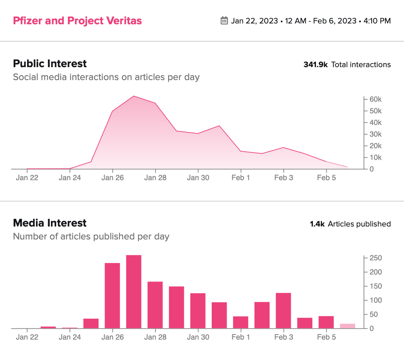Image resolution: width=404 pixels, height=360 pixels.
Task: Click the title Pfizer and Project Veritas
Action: (x=77, y=21)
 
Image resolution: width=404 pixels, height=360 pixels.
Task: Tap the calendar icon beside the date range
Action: (x=224, y=21)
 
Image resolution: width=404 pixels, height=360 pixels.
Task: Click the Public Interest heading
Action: (x=50, y=64)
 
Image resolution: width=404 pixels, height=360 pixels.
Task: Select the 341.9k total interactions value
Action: (x=316, y=64)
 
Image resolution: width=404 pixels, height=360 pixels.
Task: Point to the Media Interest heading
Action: (x=50, y=223)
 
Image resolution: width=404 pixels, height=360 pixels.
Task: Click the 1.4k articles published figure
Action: (x=317, y=224)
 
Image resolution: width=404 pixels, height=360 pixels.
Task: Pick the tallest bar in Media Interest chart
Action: (x=134, y=291)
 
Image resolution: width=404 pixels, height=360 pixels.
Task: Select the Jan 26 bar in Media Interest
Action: (x=112, y=295)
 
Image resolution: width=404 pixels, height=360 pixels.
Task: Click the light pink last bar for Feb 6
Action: (x=347, y=326)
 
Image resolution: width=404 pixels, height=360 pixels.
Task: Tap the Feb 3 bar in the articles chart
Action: (x=284, y=310)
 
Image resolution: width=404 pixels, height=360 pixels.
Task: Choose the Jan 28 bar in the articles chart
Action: (x=155, y=305)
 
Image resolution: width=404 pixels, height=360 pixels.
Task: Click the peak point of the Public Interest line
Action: (x=134, y=96)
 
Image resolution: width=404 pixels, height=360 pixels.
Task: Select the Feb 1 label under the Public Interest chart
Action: (x=241, y=178)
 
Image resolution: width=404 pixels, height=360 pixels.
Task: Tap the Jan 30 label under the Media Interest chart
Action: (x=198, y=337)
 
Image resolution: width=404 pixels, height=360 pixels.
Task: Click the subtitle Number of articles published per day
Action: (x=91, y=236)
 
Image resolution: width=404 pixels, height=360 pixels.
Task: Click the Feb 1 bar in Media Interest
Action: (x=241, y=322)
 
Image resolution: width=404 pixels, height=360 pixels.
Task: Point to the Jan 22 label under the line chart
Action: (x=27, y=178)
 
